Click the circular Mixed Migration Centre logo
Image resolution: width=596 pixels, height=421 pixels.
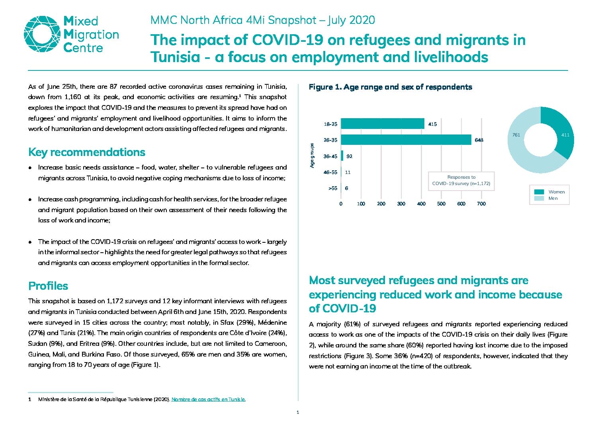pos(42,34)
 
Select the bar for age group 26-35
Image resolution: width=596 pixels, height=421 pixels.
pos(406,140)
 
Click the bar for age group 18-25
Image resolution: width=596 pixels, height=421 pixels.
pos(383,124)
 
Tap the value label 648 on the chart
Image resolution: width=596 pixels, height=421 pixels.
pos(479,140)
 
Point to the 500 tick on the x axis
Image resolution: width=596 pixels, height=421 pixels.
pos(441,204)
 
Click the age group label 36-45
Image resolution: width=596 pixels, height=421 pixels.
pos(330,156)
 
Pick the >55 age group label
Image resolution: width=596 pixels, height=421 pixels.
pos(332,188)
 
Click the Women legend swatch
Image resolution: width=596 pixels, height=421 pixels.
pos(539,192)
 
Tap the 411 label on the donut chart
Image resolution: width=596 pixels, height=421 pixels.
pos(565,135)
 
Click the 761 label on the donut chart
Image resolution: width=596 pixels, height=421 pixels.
pos(516,135)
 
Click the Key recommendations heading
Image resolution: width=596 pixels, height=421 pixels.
pos(87,152)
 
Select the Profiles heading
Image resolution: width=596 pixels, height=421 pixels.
pos(48,286)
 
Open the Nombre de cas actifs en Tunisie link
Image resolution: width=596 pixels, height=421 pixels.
pos(208,399)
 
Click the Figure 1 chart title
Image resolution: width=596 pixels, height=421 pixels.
pos(390,87)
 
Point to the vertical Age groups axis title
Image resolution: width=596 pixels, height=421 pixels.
pos(312,156)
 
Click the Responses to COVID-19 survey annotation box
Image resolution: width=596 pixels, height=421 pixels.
pos(461,181)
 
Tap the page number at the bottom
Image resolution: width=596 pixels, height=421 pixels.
pos(298,412)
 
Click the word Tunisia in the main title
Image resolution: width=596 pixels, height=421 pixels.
pos(175,57)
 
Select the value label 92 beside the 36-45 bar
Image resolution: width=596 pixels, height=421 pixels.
pos(349,156)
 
